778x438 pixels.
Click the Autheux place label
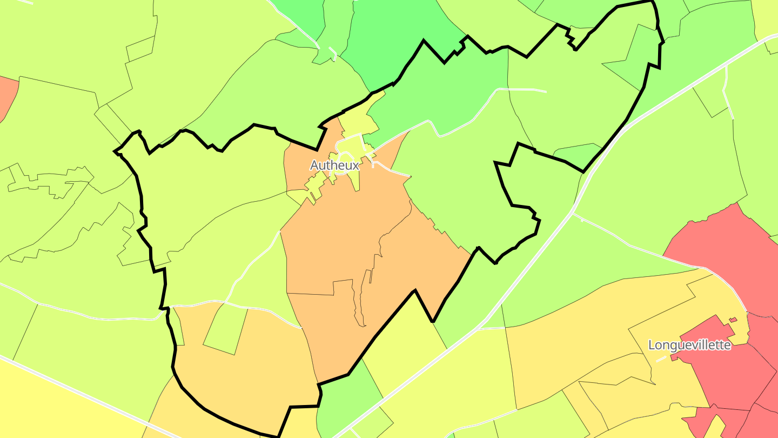[334, 165]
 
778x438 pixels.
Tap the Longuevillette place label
[689, 345]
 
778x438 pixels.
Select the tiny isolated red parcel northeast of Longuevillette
[733, 320]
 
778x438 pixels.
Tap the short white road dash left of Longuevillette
[661, 359]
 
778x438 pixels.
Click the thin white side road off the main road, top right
[727, 87]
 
